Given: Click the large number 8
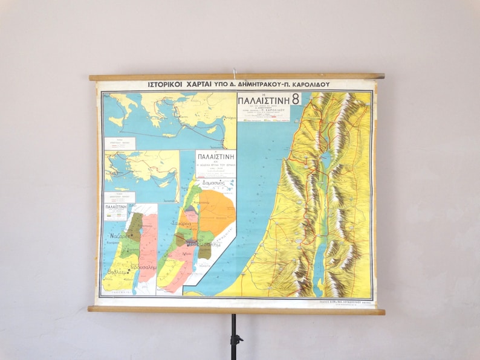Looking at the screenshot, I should [x=296, y=98].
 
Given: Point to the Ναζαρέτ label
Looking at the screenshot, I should [x=118, y=237].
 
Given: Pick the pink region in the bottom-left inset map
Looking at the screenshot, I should [x=148, y=248].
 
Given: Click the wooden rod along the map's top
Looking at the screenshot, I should [x=236, y=77].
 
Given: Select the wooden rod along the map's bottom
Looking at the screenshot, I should [x=236, y=310].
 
